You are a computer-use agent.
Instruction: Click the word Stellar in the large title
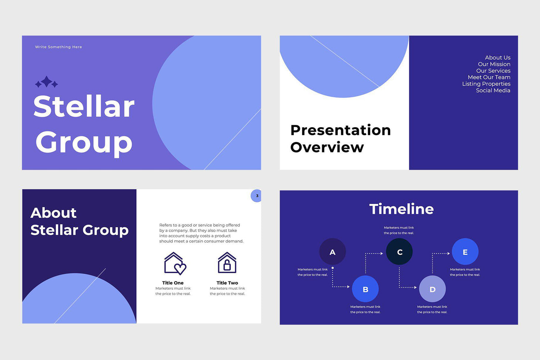point(84,106)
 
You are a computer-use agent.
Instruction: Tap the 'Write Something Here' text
point(58,47)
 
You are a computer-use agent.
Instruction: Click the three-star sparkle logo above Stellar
point(47,82)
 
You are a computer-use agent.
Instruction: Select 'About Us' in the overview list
point(497,58)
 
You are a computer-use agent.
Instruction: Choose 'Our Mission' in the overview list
point(494,64)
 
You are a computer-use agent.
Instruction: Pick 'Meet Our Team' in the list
point(489,77)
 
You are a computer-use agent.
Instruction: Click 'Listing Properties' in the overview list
point(486,84)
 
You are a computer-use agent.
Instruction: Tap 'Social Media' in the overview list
point(493,91)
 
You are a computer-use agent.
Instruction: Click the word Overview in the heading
point(327,147)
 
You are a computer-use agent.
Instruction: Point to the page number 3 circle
point(257,196)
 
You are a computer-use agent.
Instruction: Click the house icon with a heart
point(175,264)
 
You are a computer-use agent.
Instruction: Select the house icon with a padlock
point(227,263)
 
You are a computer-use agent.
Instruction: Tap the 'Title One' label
point(173,283)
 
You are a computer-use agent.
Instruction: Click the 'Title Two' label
point(227,283)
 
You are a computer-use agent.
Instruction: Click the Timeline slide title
point(401,209)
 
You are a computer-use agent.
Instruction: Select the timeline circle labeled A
point(333,252)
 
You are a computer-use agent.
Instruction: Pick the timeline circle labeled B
point(365,289)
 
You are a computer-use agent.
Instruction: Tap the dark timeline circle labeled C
point(399,252)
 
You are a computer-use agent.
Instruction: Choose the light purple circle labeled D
point(432,289)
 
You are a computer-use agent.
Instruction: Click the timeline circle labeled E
point(465,252)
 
